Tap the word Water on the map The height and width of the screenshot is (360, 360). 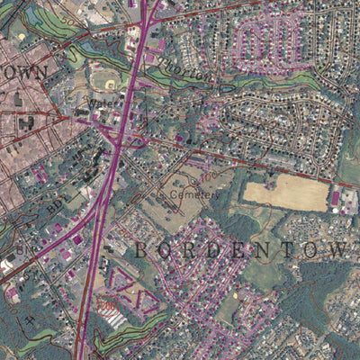100,103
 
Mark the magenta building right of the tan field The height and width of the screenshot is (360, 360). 335,196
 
